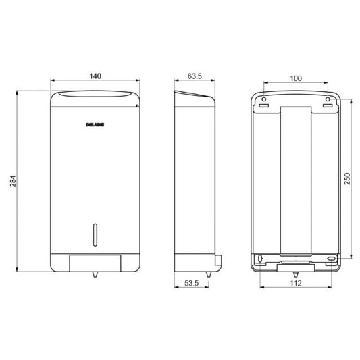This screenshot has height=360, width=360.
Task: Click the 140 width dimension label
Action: pos(95,76)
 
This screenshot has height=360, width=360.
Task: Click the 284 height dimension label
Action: pos(13,181)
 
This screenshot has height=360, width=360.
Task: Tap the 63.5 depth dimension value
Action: pos(195,76)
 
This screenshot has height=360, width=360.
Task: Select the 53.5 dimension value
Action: pos(191,283)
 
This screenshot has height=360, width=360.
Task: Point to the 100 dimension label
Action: pos(296,78)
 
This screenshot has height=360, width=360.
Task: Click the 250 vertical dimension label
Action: pos(347,178)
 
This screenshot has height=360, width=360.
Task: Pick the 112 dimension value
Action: pos(296,283)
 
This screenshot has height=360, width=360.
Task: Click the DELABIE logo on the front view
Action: pos(95,124)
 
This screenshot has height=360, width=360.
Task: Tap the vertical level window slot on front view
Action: pos(95,234)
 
